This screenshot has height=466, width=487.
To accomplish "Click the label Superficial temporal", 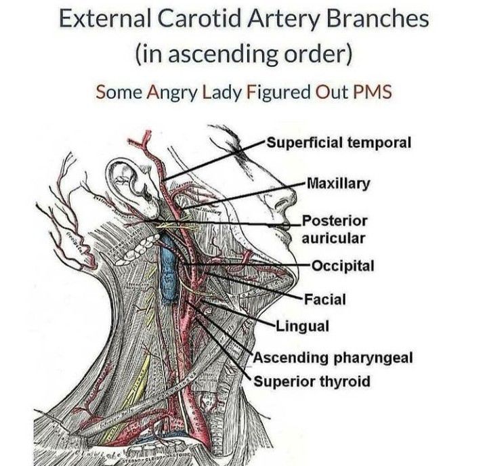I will (339, 144).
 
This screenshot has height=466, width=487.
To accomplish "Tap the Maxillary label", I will (339, 183).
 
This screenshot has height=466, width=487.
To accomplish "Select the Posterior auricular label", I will (335, 229).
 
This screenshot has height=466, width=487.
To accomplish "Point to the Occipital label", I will (343, 265).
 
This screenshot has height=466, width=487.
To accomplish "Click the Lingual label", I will (303, 326).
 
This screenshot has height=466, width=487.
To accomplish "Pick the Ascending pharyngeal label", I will (332, 357).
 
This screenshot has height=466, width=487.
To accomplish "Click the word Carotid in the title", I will (193, 19).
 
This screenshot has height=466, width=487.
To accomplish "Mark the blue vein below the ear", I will (168, 268).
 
